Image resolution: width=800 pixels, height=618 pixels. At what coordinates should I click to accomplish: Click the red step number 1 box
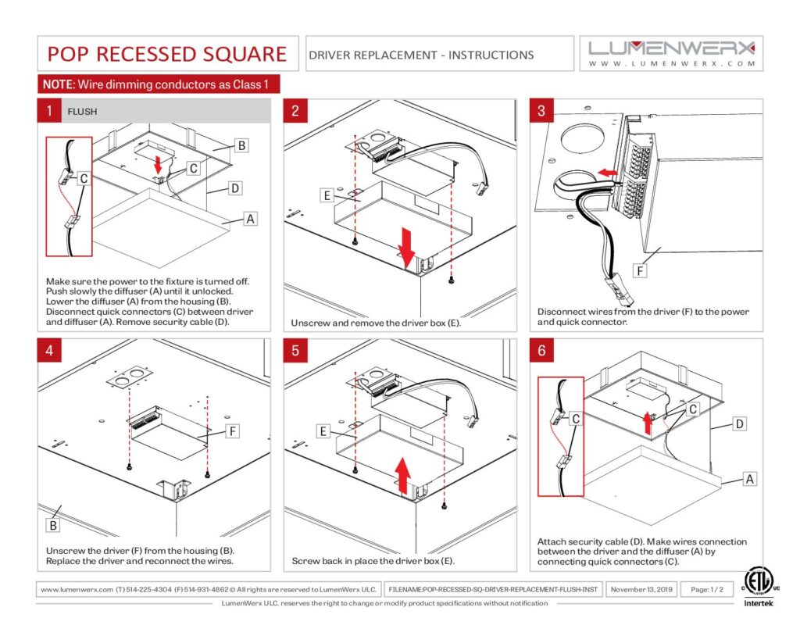49,111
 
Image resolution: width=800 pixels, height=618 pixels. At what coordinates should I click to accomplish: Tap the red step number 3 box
541,111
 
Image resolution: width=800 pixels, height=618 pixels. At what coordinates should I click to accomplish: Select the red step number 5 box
295,351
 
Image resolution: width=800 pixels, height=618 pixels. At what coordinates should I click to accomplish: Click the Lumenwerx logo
671,54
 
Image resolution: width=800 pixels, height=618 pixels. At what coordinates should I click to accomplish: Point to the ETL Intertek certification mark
758,587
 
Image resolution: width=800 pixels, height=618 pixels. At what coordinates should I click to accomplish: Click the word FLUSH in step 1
82,111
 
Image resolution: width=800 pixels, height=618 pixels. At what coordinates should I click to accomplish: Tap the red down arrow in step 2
406,247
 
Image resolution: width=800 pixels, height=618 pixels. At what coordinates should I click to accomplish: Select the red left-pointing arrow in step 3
608,173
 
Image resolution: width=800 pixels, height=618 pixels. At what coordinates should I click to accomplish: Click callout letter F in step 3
640,270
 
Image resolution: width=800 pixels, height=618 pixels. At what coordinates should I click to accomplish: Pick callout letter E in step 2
327,195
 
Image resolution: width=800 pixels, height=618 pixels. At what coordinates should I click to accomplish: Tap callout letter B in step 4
53,525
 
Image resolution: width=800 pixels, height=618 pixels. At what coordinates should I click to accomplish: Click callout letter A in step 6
749,479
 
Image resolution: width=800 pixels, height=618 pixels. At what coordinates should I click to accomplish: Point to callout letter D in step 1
234,188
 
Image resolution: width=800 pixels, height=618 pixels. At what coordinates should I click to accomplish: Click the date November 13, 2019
641,589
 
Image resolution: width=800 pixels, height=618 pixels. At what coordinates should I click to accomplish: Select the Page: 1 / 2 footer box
706,589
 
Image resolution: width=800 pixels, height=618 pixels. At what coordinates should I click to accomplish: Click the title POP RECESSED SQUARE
167,54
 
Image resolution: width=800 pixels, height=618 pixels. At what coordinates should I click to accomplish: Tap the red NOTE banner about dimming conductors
158,84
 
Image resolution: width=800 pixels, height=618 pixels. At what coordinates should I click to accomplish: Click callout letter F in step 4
232,431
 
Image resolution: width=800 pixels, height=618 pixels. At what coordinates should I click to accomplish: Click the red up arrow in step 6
648,423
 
